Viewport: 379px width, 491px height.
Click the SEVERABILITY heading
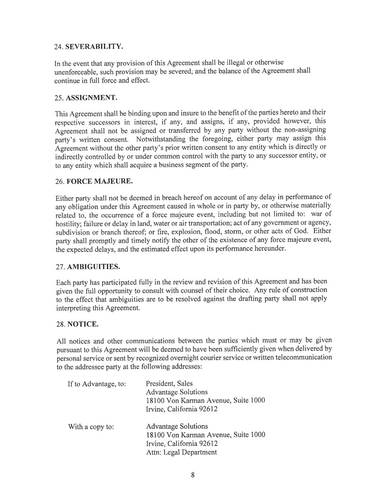[94, 47]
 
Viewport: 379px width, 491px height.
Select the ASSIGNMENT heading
[92, 98]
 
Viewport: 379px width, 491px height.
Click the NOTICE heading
[83, 325]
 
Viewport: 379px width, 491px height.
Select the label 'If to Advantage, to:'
[97, 384]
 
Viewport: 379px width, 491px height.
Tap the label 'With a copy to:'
[91, 426]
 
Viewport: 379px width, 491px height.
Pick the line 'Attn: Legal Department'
[181, 452]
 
